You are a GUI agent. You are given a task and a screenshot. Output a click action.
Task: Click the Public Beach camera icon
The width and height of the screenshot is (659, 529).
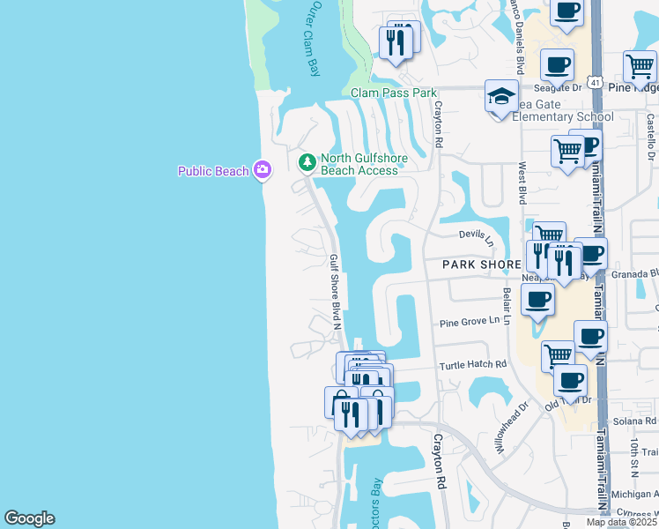coord(262,170)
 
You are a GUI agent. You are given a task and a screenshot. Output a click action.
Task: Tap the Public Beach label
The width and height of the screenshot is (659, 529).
coord(213,171)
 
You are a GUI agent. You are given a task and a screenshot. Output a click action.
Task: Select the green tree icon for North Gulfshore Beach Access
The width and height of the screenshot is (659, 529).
coord(307,162)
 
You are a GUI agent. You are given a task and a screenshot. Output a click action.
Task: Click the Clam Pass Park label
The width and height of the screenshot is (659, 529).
coord(393,93)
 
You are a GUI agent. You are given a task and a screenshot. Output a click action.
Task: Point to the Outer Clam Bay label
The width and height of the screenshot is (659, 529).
coord(313,41)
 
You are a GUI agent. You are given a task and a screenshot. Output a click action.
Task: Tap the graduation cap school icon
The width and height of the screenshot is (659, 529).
coord(501,97)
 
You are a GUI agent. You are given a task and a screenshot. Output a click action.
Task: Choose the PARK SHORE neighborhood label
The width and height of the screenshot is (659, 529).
coord(482,264)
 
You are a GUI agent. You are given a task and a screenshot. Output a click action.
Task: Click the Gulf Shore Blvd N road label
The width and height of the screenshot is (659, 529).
coord(335,290)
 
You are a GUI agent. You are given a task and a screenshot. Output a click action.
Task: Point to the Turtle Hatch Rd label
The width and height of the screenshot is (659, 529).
coord(473,364)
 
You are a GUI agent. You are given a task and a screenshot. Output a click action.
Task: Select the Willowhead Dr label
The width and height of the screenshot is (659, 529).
coord(510,428)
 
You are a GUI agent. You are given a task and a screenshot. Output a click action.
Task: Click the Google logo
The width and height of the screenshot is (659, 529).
coord(29,518)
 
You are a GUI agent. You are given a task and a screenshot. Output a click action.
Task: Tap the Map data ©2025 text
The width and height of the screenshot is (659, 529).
coord(620,522)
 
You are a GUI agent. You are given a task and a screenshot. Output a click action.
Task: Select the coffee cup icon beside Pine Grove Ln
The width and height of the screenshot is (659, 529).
coord(537,299)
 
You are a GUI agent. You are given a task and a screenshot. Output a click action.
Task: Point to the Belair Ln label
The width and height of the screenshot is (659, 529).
coord(507,305)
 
